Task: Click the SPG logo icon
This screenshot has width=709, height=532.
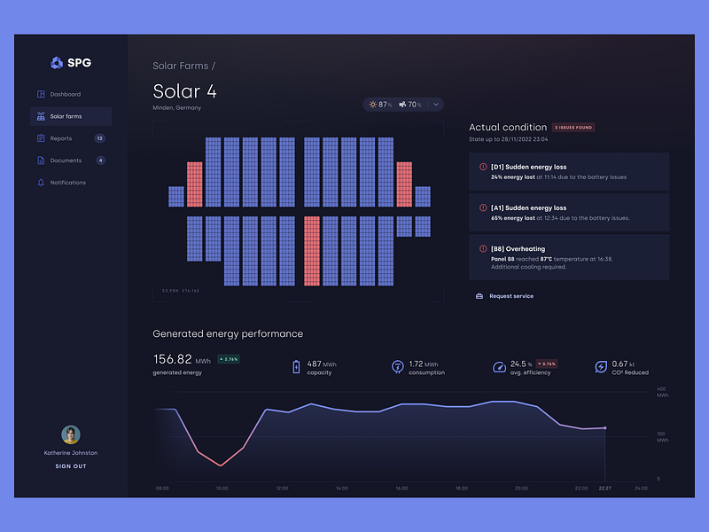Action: [x=57, y=62]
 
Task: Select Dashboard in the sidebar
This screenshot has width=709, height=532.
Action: [x=65, y=94]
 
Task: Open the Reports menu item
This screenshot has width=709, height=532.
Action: [x=61, y=138]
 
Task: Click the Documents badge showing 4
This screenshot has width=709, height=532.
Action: [x=100, y=160]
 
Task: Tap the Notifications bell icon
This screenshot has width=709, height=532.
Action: [x=41, y=183]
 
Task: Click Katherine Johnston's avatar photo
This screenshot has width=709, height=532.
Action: [x=71, y=434]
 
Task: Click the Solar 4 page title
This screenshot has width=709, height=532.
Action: [x=184, y=91]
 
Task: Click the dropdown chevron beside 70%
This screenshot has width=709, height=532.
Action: [x=436, y=105]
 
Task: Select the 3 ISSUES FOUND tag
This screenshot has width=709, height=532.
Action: [x=573, y=128]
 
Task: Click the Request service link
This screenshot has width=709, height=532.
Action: [x=511, y=296]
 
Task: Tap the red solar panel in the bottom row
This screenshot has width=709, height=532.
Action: [x=312, y=251]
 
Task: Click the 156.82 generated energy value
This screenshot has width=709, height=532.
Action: [x=172, y=359]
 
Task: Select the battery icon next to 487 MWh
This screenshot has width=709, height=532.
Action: [x=297, y=366]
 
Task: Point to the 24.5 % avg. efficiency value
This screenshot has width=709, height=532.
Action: [x=521, y=364]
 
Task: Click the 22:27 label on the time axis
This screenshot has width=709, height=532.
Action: [x=604, y=488]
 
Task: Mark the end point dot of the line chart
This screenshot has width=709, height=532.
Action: [x=605, y=427]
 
